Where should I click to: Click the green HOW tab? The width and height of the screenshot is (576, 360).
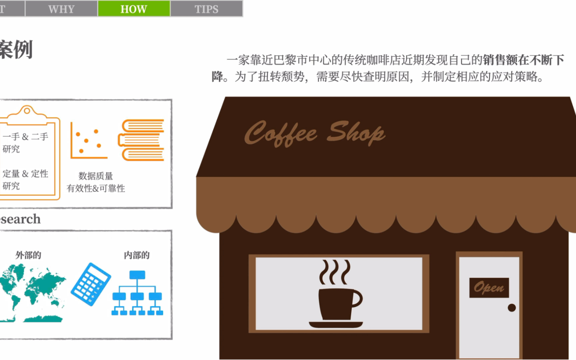pyautogui.click(x=134, y=9)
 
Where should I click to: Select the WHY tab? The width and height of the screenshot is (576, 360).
pyautogui.click(x=61, y=9)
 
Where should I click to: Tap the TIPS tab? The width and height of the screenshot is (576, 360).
pyautogui.click(x=206, y=9)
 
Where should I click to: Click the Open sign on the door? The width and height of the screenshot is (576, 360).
pyautogui.click(x=489, y=288)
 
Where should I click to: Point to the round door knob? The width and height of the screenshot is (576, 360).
pyautogui.click(x=512, y=308)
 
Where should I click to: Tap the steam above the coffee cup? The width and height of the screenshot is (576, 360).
pyautogui.click(x=335, y=272)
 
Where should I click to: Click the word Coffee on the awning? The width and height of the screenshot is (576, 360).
pyautogui.click(x=281, y=134)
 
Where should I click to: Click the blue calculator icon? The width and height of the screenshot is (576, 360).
pyautogui.click(x=91, y=284)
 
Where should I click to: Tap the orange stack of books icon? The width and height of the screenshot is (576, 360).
pyautogui.click(x=142, y=140)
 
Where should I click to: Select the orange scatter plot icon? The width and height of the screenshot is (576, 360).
pyautogui.click(x=89, y=141)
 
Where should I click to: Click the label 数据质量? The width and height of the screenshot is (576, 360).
pyautogui.click(x=96, y=176)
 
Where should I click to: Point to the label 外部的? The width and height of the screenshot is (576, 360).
pyautogui.click(x=28, y=255)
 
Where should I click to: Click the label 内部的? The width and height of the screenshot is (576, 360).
pyautogui.click(x=137, y=255)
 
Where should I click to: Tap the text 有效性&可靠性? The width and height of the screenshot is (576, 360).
pyautogui.click(x=96, y=189)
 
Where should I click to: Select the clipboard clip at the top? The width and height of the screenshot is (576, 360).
pyautogui.click(x=27, y=110)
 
